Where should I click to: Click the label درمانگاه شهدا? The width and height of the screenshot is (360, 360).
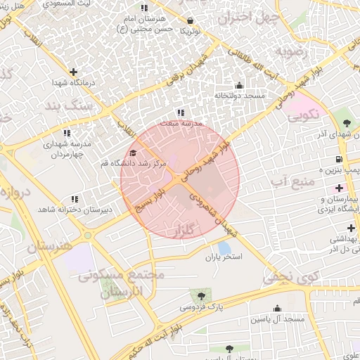[x=70, y=83]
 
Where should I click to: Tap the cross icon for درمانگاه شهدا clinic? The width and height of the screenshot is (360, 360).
[x=73, y=71]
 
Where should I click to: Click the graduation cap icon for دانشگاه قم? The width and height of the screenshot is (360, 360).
[x=133, y=152]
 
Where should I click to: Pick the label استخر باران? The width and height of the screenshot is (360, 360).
[x=227, y=258]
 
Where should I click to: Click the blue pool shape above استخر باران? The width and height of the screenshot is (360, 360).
[x=224, y=247]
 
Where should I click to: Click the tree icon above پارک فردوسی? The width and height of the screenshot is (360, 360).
[x=202, y=296]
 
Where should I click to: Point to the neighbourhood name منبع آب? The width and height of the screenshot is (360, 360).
[x=288, y=183]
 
